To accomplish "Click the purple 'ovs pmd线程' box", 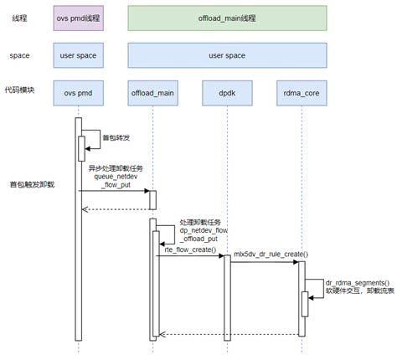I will [78, 18].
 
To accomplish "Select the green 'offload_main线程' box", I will [228, 18].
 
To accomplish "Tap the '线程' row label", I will [19, 18].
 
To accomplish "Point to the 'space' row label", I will [20, 55].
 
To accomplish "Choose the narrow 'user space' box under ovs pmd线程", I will [78, 55].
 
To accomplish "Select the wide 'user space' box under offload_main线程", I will [228, 55].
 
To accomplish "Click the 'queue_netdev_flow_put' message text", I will [116, 182].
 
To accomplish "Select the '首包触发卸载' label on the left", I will [31, 183].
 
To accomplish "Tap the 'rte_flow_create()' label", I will [190, 249].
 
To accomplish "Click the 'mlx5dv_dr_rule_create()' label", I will [270, 254].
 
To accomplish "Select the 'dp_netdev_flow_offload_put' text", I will [204, 231].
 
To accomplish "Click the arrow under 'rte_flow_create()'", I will [190, 256].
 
